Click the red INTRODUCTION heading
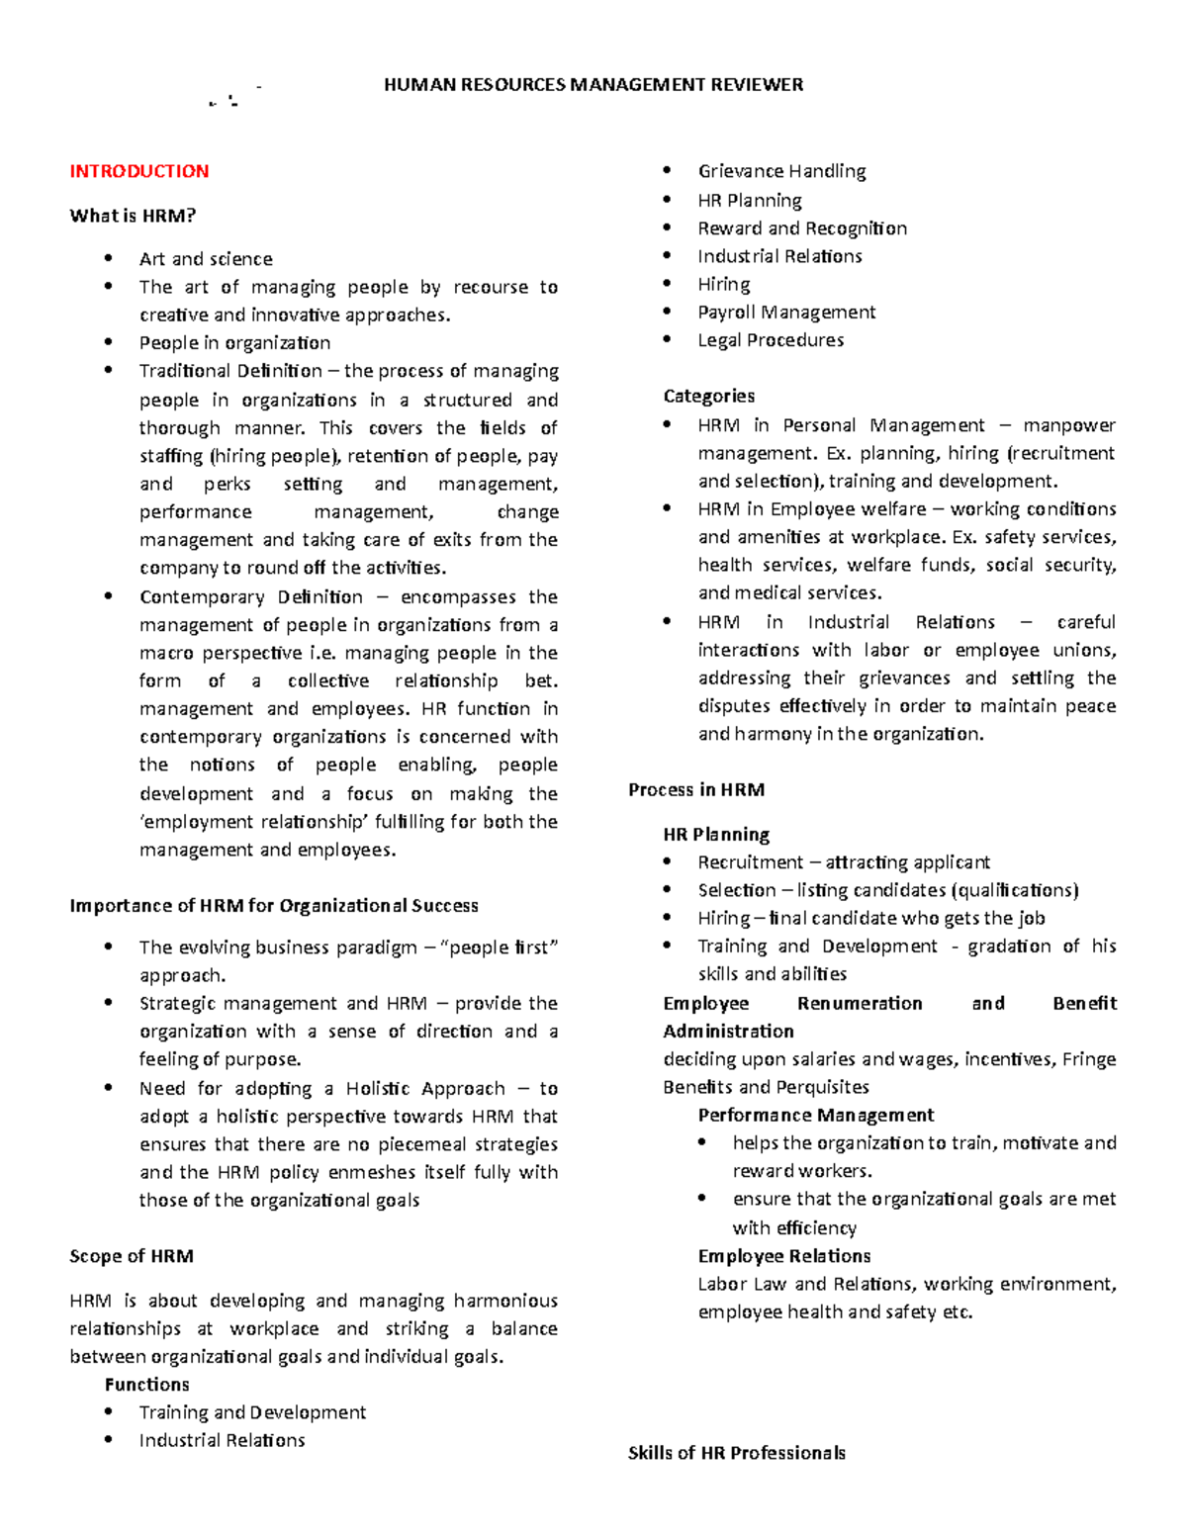[138, 171]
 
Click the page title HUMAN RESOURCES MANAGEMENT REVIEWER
[593, 85]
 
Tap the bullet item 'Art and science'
[206, 259]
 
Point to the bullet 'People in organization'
[234, 343]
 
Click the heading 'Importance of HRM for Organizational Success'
[274, 906]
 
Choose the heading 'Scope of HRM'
[132, 1256]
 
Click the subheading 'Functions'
[146, 1385]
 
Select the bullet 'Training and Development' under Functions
[252, 1412]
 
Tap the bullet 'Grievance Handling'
[781, 171]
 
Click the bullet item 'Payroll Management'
[786, 313]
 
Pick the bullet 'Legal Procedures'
[771, 340]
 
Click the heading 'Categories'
[708, 396]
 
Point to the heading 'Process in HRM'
[696, 789]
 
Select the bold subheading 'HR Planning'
[716, 834]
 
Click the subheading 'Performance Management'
[815, 1115]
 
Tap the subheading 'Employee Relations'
[784, 1256]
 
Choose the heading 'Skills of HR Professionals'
[737, 1453]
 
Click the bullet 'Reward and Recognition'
[802, 228]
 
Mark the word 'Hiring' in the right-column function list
[724, 285]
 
